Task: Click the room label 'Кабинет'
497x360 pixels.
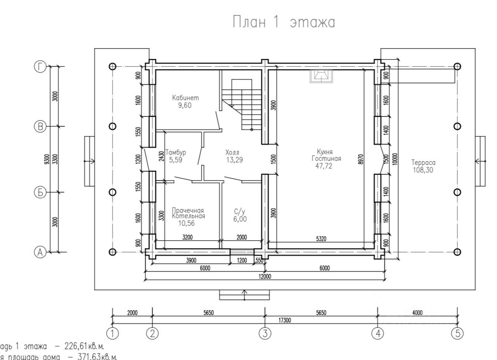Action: pyautogui.click(x=183, y=98)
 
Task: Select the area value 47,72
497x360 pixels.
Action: pyautogui.click(x=325, y=166)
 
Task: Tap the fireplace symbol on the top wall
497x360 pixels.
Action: pyautogui.click(x=321, y=76)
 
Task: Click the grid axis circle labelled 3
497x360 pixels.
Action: pyautogui.click(x=265, y=333)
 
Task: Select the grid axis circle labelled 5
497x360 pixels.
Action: pyautogui.click(x=457, y=333)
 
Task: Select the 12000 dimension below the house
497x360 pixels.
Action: pyautogui.click(x=266, y=277)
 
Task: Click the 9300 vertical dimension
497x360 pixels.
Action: pyautogui.click(x=47, y=159)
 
